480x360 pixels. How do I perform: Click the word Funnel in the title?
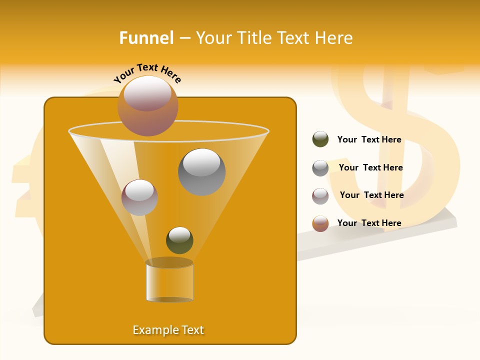coord(146,38)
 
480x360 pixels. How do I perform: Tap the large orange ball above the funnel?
coord(147,106)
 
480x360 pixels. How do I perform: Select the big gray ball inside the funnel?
coord(201,172)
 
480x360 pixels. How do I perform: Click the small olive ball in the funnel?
coord(179,240)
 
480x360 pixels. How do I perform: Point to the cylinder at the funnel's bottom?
coord(169,280)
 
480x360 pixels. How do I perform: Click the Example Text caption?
coord(168,330)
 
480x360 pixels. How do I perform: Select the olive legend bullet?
coord(320,139)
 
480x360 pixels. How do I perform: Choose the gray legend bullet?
coord(320,168)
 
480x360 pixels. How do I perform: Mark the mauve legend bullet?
coord(320,196)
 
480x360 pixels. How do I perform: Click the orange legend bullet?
coord(320,223)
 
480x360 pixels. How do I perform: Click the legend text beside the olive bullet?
coord(369,140)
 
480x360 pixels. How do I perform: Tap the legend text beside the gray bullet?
coord(370,167)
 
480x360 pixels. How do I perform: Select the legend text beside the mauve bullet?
coord(371,195)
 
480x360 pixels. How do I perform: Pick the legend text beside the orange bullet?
coord(369,223)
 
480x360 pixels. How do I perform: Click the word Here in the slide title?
coord(334,38)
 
